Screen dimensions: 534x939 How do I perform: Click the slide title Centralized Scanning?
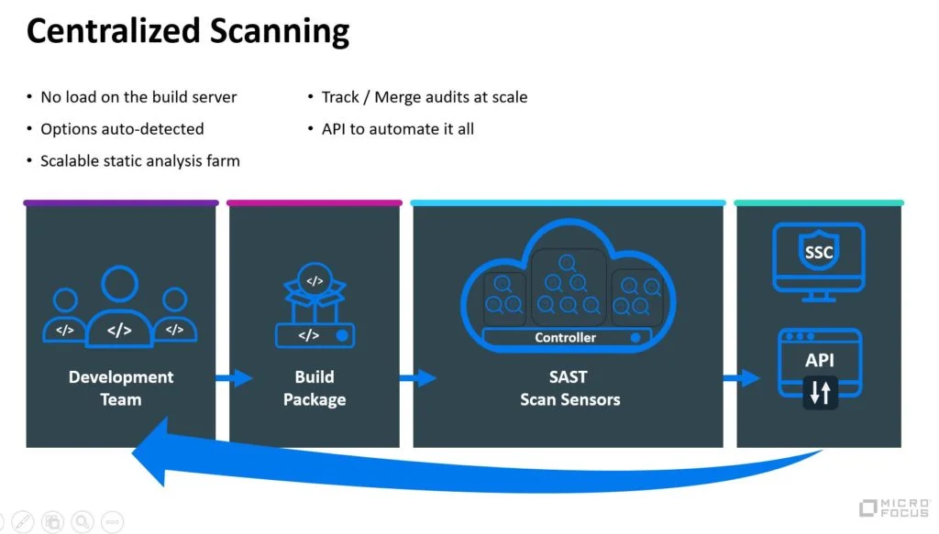point(188,31)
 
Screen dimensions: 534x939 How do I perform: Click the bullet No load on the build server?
point(138,97)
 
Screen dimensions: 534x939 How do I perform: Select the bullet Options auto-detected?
point(122,129)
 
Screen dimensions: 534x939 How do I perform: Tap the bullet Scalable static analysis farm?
point(139,161)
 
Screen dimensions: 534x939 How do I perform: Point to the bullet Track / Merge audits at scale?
point(425,97)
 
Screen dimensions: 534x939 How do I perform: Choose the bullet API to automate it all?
point(397,129)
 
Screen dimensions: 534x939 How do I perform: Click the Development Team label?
point(121,388)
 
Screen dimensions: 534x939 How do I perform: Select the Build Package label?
point(315,388)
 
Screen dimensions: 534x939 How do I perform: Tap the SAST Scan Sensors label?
point(569,388)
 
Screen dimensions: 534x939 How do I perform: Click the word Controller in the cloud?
point(565,338)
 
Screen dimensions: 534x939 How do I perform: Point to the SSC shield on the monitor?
point(819,251)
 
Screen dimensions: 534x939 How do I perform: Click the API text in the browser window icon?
point(820,360)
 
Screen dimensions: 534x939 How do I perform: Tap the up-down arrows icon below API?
point(820,393)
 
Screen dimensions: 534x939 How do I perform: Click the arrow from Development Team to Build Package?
point(234,377)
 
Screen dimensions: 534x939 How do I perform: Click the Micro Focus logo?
point(894,508)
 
